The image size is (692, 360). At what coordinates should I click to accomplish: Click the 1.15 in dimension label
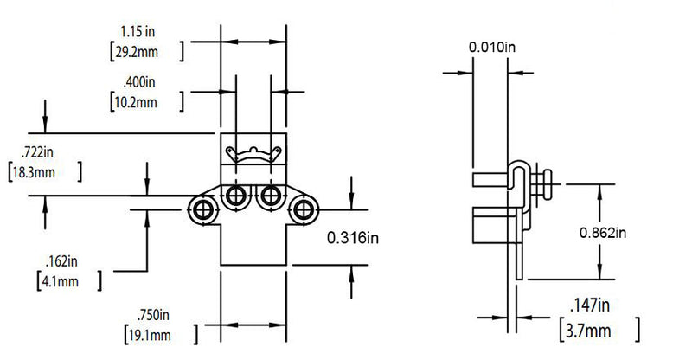[138, 32]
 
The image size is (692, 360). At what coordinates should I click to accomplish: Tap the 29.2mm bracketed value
[137, 52]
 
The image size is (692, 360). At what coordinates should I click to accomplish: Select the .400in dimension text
[139, 82]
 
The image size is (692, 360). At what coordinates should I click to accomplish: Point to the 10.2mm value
[136, 102]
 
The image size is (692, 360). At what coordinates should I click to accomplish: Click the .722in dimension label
[37, 152]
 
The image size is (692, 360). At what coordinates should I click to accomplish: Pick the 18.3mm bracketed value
[34, 172]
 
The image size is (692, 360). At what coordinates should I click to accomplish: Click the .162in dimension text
[61, 261]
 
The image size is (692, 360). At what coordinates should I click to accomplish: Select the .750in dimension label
[153, 315]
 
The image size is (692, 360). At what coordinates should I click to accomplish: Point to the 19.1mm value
[149, 335]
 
